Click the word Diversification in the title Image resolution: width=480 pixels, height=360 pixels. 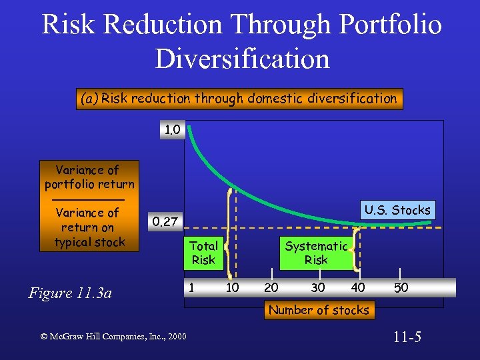pos(242,58)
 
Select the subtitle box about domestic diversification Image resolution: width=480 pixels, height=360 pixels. pos(239,99)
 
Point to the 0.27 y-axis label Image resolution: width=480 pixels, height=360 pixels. pos(164,221)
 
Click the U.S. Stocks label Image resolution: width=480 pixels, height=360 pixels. pos(397,210)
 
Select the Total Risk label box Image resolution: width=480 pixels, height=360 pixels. pos(203,253)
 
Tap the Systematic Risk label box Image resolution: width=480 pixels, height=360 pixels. pos(316,253)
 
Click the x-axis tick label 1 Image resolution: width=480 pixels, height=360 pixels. pos(191,287)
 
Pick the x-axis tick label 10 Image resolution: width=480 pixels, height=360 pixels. pos(233,287)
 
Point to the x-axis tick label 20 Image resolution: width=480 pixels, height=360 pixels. pos(271,287)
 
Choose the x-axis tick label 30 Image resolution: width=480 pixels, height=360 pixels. pos(318,287)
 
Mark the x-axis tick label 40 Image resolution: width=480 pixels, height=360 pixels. pos(358,287)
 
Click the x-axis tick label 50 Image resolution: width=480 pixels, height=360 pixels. pos(401,287)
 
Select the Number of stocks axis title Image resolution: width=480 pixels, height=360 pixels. pos(318,310)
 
